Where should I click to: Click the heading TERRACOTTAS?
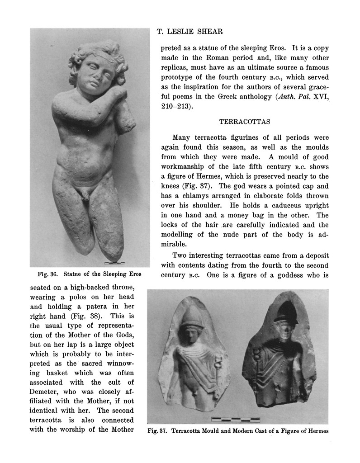244,122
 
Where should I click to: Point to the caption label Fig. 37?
157,431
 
